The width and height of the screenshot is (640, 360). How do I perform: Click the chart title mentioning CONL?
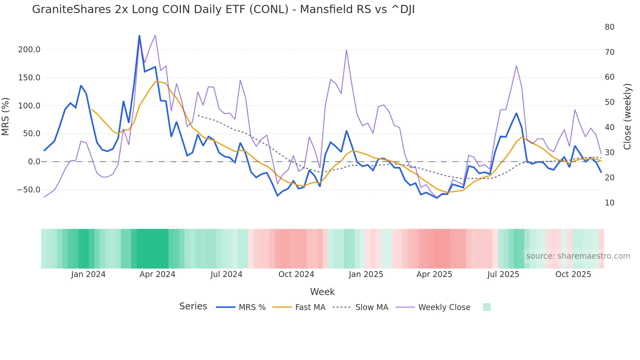223,9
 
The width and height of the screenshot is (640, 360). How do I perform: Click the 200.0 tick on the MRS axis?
29,50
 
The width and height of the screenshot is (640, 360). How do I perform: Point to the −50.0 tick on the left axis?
28,190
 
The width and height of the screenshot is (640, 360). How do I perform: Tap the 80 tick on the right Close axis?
609,27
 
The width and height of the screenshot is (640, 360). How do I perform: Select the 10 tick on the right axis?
609,203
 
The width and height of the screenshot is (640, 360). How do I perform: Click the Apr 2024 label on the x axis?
157,274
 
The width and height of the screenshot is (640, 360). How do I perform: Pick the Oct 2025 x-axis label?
573,274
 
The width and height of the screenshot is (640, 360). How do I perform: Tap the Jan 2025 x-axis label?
366,274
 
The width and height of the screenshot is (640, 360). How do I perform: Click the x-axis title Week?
322,292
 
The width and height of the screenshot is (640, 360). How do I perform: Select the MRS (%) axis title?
6,116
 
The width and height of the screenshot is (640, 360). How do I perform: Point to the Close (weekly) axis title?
627,117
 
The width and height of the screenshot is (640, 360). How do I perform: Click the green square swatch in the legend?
487,307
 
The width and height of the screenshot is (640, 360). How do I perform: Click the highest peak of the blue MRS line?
139,36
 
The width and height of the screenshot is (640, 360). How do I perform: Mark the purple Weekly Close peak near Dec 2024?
346,50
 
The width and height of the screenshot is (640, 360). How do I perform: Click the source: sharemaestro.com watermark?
578,256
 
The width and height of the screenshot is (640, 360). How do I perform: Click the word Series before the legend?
193,306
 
